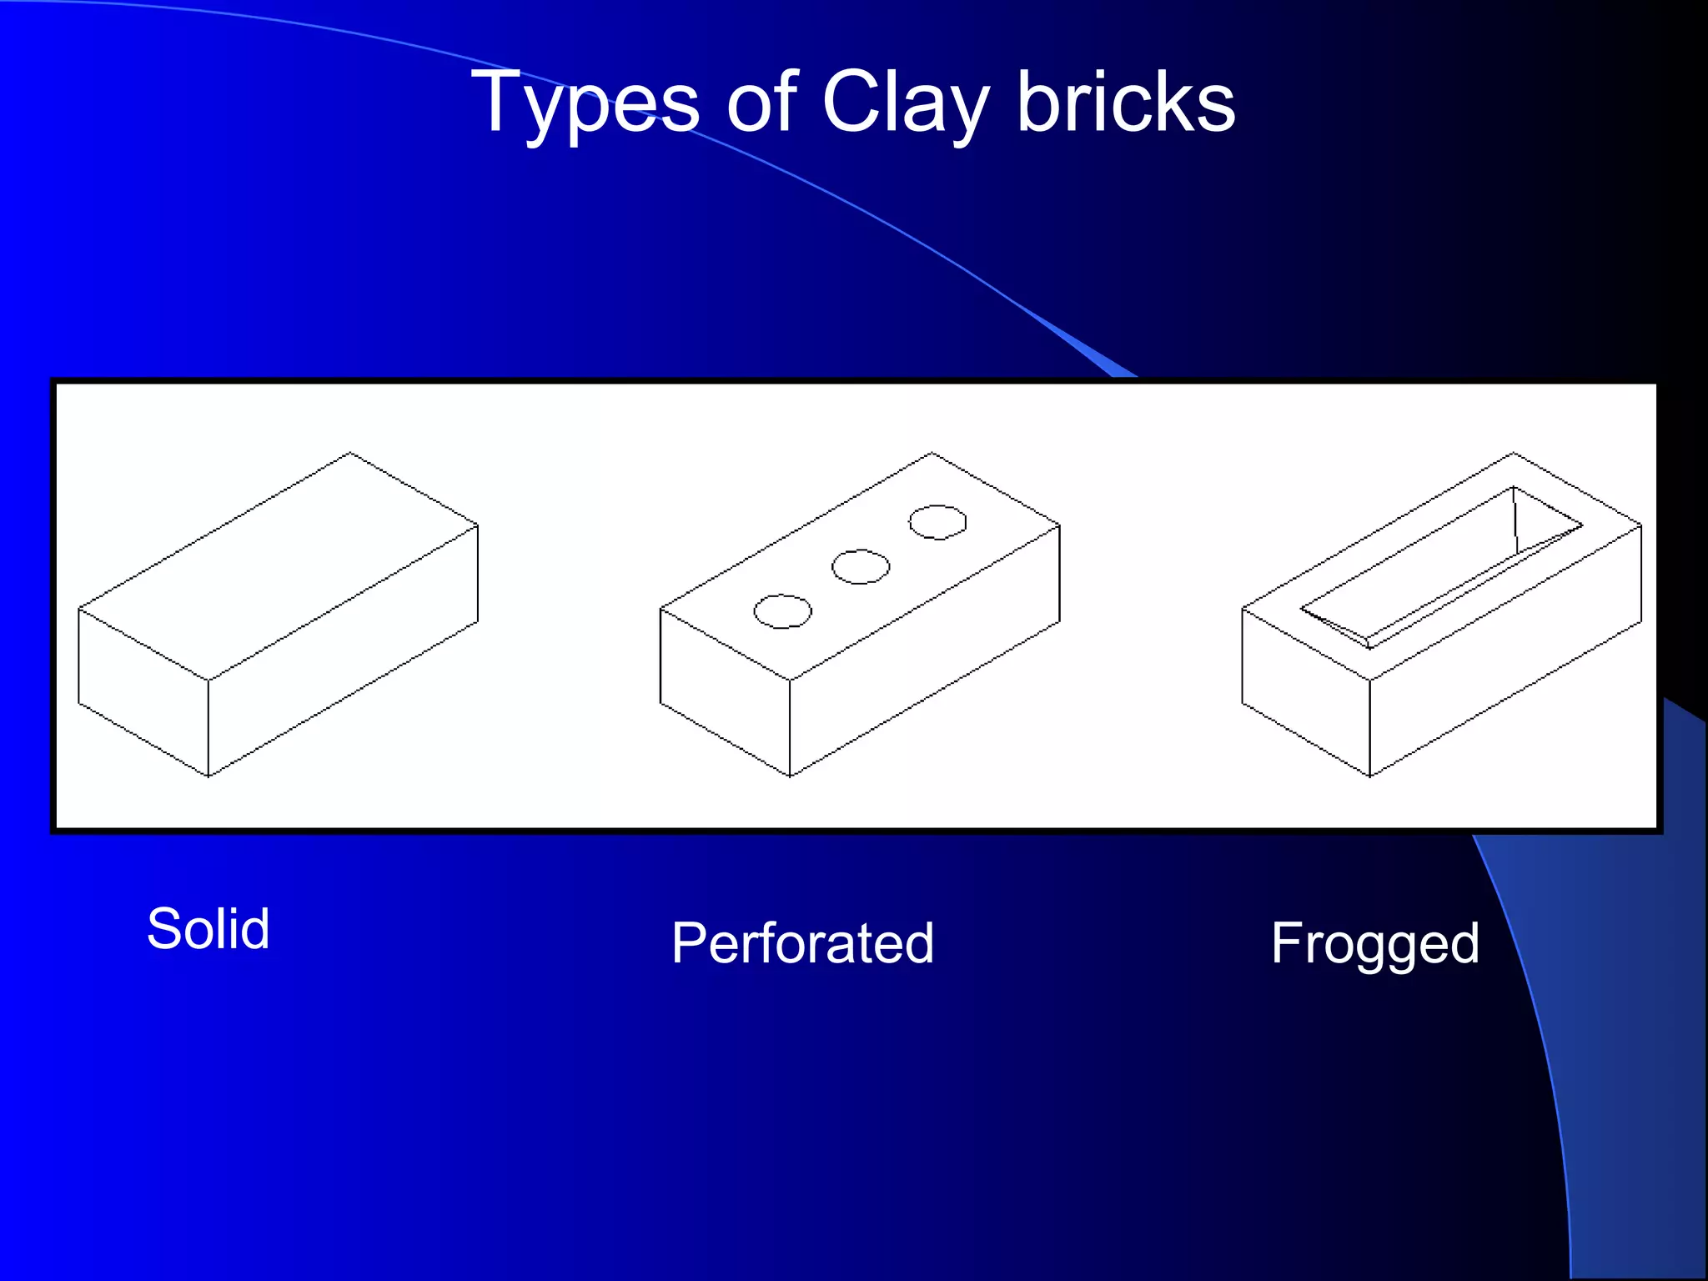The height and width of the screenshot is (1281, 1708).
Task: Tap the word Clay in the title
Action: [x=905, y=103]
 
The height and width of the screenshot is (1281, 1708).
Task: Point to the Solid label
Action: [x=208, y=928]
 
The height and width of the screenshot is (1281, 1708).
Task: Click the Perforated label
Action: [x=802, y=943]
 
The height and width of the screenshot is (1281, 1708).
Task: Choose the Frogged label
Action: [x=1374, y=943]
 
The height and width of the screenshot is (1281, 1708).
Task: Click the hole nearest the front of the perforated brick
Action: [x=782, y=611]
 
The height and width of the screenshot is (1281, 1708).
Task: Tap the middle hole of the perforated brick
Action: [x=861, y=567]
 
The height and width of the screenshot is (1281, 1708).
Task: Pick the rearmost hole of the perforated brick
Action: [x=937, y=522]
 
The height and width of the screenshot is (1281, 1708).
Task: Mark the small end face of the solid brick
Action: [x=143, y=692]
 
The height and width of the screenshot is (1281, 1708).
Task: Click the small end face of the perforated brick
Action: [x=725, y=692]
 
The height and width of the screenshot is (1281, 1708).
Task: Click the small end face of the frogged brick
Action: [x=1306, y=692]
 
